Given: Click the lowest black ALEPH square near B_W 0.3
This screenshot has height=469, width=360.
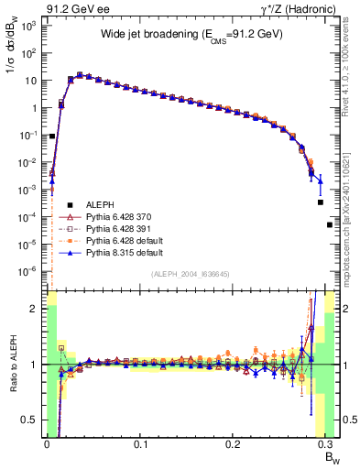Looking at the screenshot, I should (330, 224).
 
